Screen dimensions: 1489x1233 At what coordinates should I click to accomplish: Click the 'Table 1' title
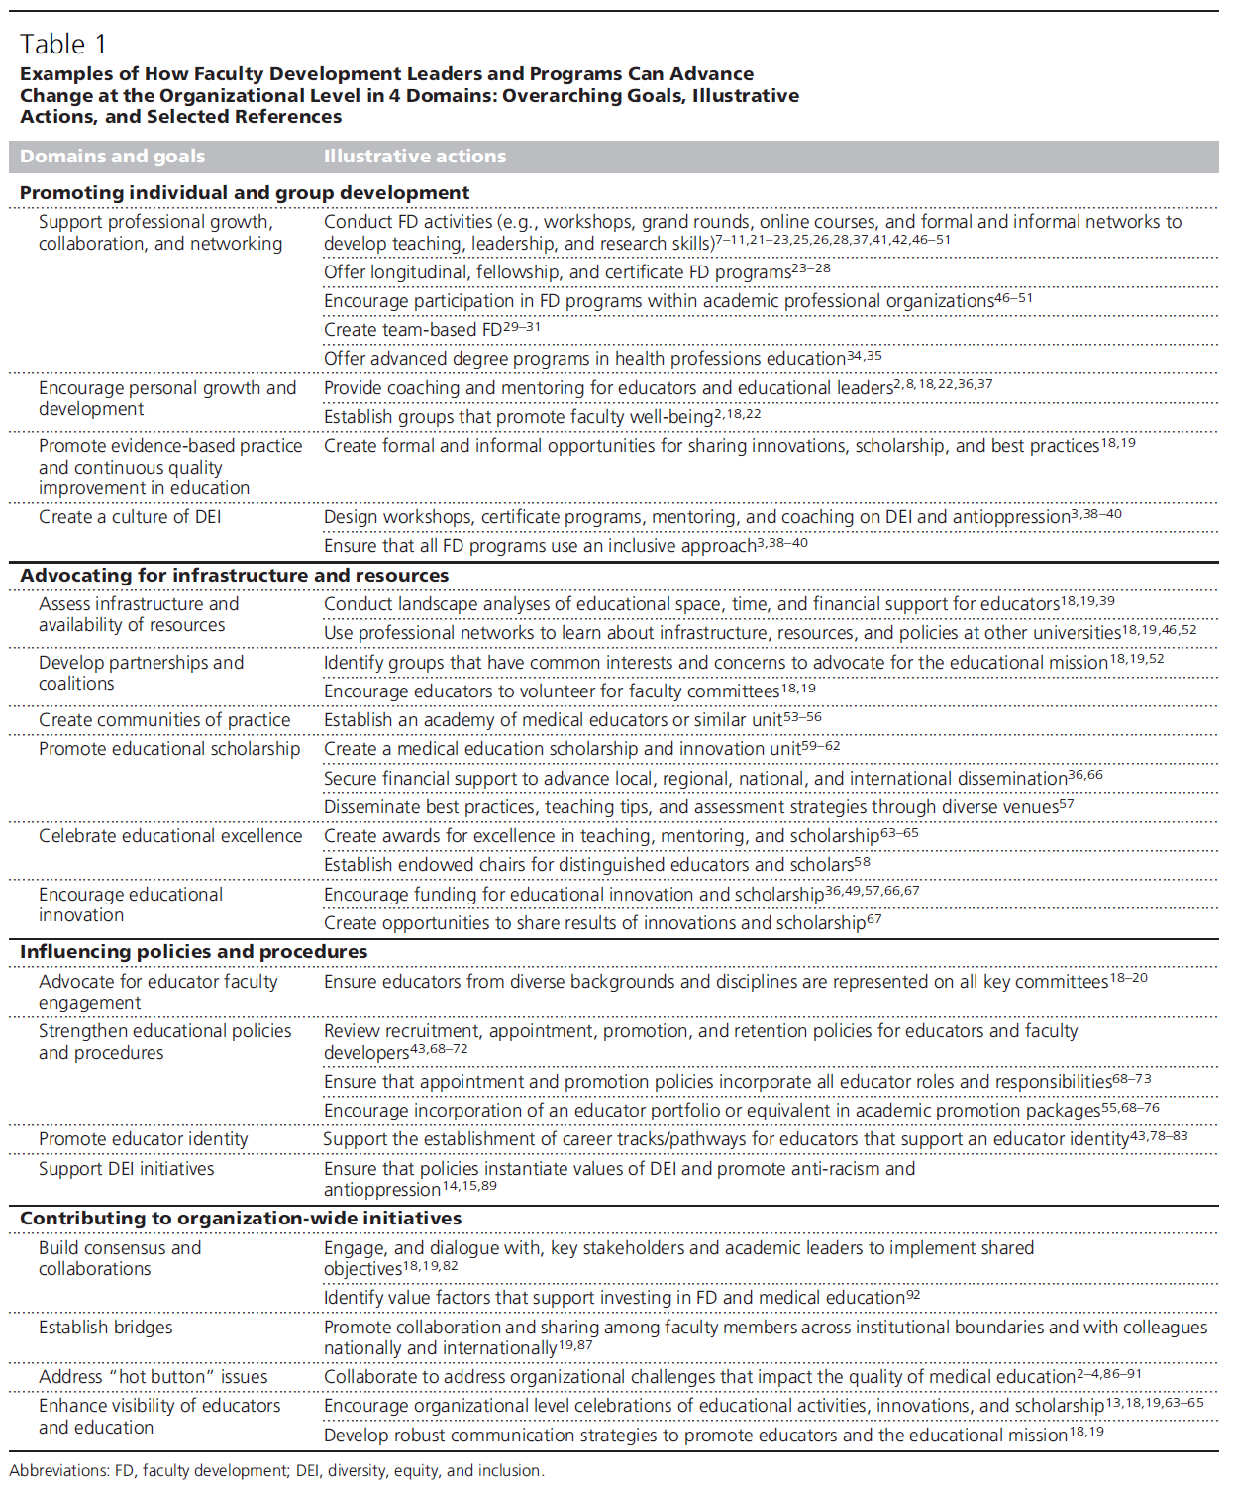tap(62, 45)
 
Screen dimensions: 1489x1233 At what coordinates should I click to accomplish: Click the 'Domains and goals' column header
tap(112, 157)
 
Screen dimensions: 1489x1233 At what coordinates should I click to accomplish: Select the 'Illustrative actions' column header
tap(414, 157)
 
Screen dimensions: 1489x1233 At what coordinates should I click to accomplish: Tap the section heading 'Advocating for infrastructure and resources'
tap(234, 576)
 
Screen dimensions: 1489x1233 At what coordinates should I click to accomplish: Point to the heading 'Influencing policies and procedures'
tap(193, 952)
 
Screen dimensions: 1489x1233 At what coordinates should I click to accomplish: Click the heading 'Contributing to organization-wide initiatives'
tap(241, 1219)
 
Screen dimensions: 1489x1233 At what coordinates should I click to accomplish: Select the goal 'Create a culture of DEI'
tap(130, 517)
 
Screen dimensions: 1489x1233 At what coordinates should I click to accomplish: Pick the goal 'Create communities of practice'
tap(164, 720)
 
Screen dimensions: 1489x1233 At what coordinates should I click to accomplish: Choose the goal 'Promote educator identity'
tap(143, 1139)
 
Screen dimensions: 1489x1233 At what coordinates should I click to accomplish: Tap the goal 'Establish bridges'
tap(105, 1328)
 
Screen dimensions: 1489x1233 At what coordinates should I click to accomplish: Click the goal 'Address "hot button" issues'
tap(153, 1377)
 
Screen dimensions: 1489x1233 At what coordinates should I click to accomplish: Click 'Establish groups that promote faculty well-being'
tap(518, 417)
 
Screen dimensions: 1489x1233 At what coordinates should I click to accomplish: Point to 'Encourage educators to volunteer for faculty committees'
tap(551, 691)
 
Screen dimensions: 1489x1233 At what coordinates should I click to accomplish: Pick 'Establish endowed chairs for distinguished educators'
tap(588, 865)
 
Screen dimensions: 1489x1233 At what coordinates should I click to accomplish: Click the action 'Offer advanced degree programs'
tap(584, 359)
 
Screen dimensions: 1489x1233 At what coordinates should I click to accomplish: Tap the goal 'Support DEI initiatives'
tap(126, 1169)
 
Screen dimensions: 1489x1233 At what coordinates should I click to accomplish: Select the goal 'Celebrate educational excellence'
tap(170, 836)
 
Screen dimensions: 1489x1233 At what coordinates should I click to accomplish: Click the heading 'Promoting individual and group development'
tap(245, 193)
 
